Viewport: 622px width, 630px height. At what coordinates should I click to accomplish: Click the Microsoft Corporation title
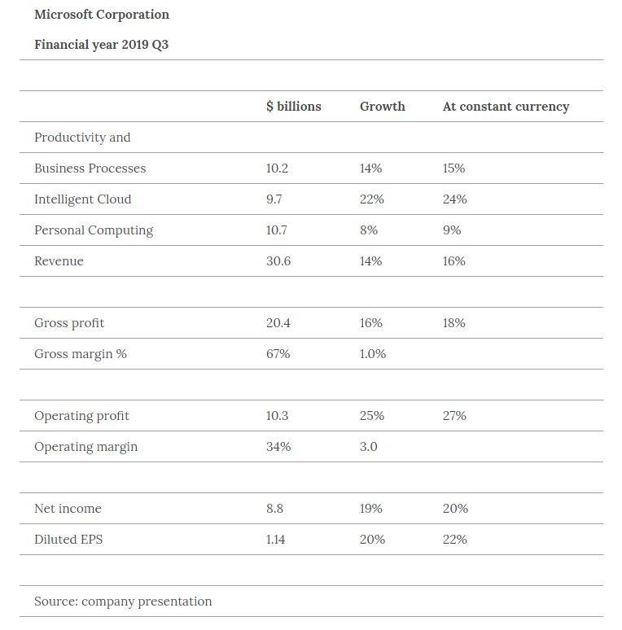[102, 15]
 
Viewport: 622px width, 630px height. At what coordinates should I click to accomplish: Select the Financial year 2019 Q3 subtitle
[101, 44]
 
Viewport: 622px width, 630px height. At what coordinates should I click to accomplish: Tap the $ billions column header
[293, 107]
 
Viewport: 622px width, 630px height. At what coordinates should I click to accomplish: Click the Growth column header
[382, 107]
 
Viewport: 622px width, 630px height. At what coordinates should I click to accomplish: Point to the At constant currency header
[506, 107]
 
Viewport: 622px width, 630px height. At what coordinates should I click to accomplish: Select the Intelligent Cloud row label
[82, 199]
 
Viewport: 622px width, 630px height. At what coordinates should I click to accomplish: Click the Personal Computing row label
[94, 230]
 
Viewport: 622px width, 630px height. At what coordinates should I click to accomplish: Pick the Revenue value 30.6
[278, 261]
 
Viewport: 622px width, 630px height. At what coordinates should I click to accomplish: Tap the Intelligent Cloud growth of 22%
[371, 199]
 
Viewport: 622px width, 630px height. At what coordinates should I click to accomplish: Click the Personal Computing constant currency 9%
[452, 230]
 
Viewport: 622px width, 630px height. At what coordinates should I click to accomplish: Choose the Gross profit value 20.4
[278, 323]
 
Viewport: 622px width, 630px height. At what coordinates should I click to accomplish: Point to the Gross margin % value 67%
[278, 354]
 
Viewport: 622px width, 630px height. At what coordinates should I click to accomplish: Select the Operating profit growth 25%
[371, 416]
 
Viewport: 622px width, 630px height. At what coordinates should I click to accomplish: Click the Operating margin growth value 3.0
[368, 447]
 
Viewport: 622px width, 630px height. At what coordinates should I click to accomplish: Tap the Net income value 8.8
[274, 509]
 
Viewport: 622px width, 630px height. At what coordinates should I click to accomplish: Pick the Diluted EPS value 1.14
[275, 540]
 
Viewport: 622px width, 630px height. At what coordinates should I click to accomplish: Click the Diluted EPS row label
[68, 540]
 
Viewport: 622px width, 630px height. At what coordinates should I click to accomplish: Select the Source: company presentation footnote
[123, 602]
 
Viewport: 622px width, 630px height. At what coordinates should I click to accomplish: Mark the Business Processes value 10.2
[277, 168]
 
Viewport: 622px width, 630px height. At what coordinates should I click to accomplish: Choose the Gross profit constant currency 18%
[453, 323]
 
